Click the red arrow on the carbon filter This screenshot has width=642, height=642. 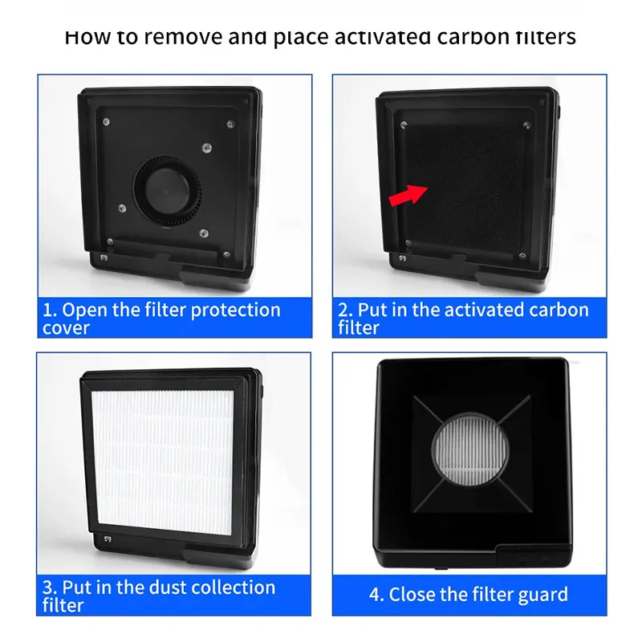click(408, 195)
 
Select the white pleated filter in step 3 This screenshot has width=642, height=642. click(163, 462)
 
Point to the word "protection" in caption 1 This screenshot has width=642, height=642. click(235, 311)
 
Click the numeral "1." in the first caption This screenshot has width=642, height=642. click(50, 311)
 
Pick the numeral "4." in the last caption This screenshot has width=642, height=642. click(376, 595)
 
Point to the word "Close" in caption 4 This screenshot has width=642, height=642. click(411, 595)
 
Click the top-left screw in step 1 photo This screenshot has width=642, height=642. click(106, 122)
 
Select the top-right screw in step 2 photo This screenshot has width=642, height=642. click(527, 125)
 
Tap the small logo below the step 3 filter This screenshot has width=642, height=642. click(108, 538)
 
